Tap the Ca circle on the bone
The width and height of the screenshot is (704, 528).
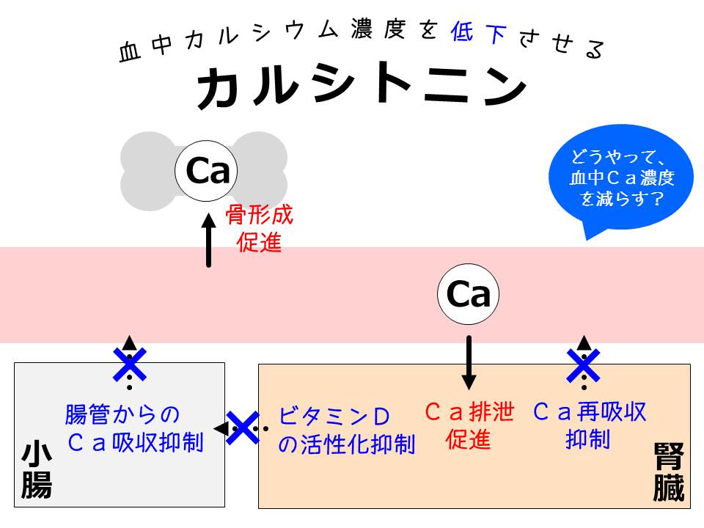tap(208, 171)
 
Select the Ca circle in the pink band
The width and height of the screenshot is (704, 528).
tap(468, 296)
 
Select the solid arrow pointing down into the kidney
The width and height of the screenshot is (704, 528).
tap(469, 362)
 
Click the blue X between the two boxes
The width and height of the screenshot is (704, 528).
tap(242, 428)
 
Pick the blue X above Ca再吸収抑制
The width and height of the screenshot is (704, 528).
tap(584, 364)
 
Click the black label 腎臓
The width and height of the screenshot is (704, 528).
tap(667, 473)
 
